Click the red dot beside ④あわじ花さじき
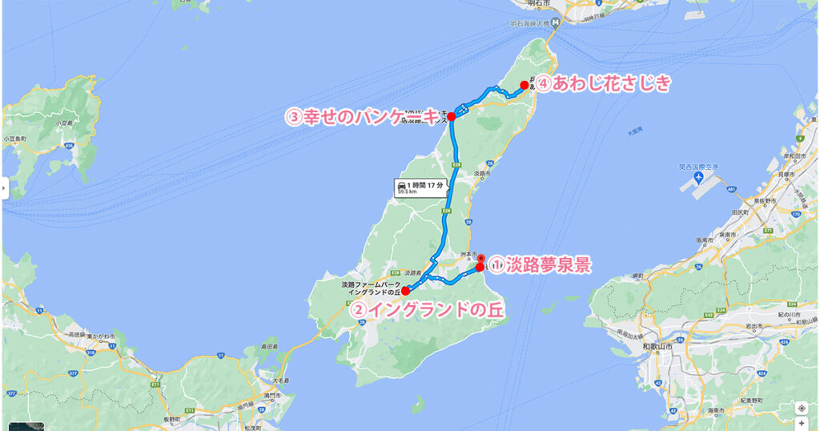[524, 85]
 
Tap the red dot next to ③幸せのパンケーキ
[452, 117]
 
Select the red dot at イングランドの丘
[405, 291]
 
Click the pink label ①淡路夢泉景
[540, 265]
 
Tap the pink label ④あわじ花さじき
[601, 83]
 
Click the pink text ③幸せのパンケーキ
[363, 118]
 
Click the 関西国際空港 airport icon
[701, 176]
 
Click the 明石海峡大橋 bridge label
[529, 23]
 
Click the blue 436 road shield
[70, 145]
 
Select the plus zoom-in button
[802, 422]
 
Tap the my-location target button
[802, 407]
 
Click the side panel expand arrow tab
[4, 189]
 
